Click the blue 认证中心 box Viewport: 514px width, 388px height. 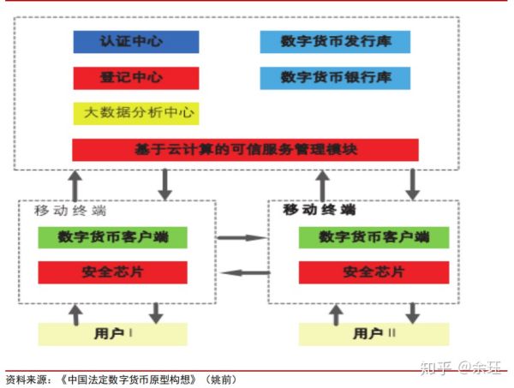coord(135,42)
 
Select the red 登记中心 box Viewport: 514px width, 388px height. coord(135,77)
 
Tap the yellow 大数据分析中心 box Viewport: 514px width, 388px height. coord(135,112)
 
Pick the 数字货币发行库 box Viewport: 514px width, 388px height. coord(335,42)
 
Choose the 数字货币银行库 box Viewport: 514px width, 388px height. coord(335,77)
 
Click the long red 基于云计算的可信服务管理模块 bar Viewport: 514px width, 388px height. coord(245,149)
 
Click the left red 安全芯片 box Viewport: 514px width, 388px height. coord(111,272)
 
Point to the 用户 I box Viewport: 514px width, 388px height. coord(111,333)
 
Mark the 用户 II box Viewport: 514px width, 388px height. coord(374,333)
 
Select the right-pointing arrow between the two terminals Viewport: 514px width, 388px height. coord(243,237)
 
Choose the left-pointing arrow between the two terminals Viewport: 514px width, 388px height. coord(243,273)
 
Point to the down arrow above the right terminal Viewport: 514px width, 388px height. coord(412,182)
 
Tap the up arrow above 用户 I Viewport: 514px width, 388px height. coord(76,313)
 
